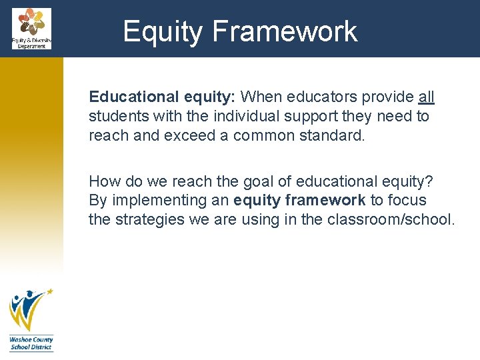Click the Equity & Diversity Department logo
click(31, 28)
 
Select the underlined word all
click(427, 97)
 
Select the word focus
click(408, 200)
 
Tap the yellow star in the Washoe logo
click(48, 292)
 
